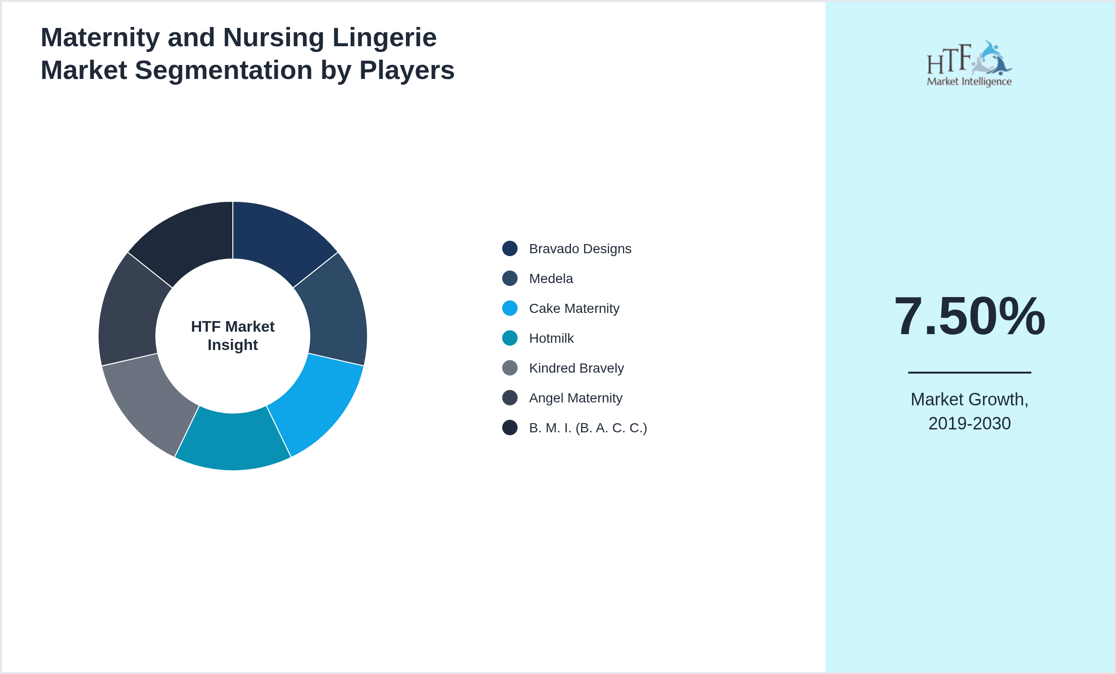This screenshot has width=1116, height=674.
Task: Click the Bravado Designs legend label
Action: tap(580, 249)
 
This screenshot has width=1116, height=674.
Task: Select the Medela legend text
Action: tap(551, 279)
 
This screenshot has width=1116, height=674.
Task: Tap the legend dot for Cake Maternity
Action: tap(510, 309)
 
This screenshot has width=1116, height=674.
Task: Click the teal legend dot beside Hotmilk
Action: tap(510, 338)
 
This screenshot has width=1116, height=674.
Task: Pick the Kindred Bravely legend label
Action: tap(576, 368)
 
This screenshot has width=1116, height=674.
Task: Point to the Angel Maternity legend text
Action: tap(575, 398)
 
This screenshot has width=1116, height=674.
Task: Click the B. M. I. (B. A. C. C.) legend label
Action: tap(588, 428)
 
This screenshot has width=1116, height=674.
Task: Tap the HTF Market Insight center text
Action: tap(233, 336)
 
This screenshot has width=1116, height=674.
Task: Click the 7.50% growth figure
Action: tap(969, 316)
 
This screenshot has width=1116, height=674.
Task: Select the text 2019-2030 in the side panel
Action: tap(969, 424)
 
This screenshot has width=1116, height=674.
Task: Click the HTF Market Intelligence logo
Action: tap(969, 65)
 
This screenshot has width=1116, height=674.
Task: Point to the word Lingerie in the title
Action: tap(384, 38)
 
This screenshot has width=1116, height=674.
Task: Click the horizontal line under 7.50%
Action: tap(969, 372)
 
